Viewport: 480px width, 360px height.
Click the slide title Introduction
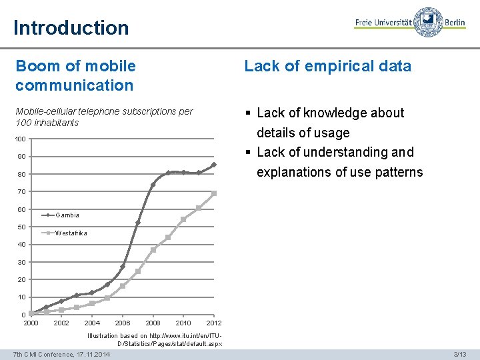click(71, 28)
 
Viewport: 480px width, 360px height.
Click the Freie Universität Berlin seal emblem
click(427, 22)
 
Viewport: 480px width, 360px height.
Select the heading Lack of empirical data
click(327, 66)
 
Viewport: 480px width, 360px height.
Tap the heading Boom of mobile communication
click(75, 75)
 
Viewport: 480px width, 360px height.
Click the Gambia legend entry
click(67, 215)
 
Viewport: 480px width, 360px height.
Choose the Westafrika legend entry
click(71, 233)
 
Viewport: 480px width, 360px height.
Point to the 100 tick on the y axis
click(21, 139)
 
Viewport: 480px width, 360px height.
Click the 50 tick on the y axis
click(21, 227)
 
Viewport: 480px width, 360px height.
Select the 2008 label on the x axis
click(153, 323)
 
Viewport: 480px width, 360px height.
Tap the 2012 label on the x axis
click(214, 323)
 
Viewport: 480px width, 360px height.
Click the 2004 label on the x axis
click(92, 323)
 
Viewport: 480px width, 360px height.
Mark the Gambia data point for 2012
click(214, 165)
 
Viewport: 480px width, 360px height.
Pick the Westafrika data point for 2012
click(214, 193)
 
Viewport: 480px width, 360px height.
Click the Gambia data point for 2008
click(153, 185)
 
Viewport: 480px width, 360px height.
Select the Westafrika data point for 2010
click(183, 219)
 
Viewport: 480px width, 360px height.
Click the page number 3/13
click(459, 354)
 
